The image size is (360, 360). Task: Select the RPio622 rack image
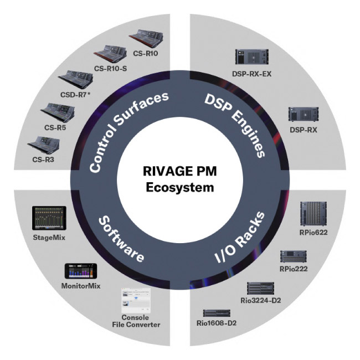click(313, 213)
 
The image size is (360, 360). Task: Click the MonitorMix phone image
click(81, 271)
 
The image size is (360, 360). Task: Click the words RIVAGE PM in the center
click(179, 173)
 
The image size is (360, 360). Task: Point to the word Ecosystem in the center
click(179, 188)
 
